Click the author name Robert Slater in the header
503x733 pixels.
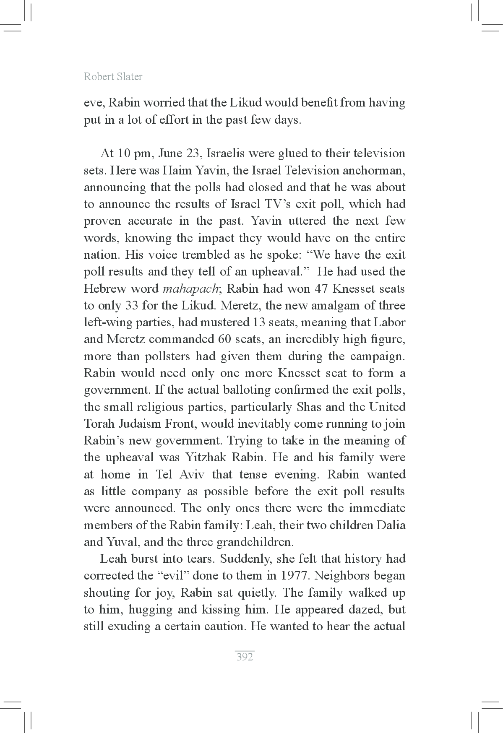[113, 76]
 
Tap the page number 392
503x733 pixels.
[245, 657]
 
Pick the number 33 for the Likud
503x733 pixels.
[133, 306]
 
